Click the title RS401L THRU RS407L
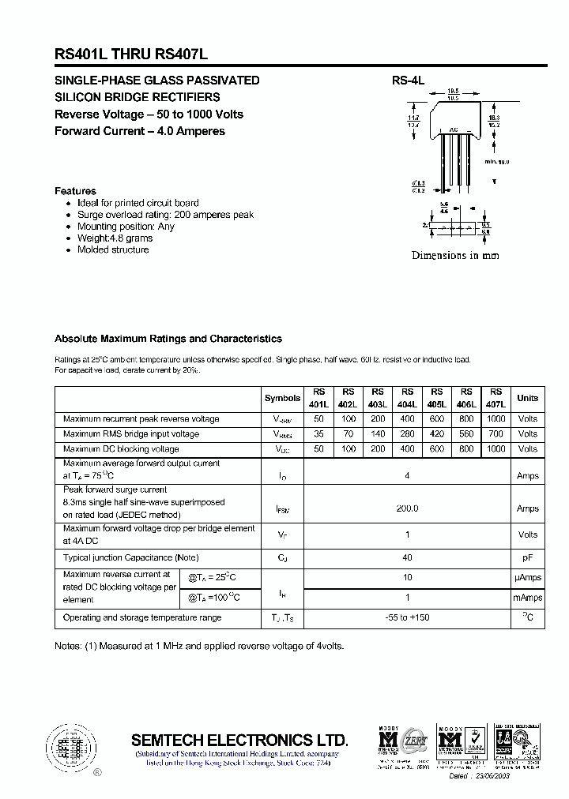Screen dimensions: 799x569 tap(131, 54)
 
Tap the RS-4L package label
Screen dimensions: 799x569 tap(408, 81)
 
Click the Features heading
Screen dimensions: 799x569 tap(75, 191)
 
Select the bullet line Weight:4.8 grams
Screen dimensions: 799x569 tap(115, 238)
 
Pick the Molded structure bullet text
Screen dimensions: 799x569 tap(112, 249)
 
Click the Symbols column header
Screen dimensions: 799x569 tap(282, 399)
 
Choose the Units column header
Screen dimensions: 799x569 tap(527, 399)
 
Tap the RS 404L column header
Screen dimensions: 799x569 tap(407, 398)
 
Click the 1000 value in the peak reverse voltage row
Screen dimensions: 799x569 tap(496, 418)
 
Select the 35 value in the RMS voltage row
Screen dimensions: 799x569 tap(318, 433)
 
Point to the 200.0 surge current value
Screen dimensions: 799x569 tap(407, 508)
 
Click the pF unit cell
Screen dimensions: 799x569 tap(527, 557)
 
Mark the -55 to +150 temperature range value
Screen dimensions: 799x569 tap(407, 617)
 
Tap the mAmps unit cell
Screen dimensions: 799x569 tap(527, 598)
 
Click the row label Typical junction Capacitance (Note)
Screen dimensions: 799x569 tap(130, 557)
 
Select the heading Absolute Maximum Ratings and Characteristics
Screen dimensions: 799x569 tap(168, 339)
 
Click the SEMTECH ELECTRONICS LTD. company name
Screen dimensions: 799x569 tap(239, 741)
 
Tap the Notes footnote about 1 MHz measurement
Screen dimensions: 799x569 tap(199, 646)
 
